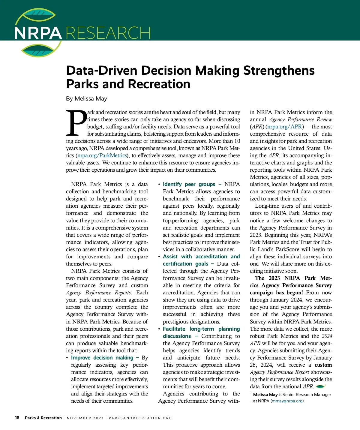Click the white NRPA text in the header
point(38,33)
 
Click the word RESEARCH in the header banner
point(108,33)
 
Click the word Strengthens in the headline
point(279,71)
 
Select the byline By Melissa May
point(86,99)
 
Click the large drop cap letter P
point(76,123)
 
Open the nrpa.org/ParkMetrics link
point(102,155)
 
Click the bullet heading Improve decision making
point(102,358)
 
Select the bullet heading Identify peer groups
point(189,184)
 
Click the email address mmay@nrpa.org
point(287,401)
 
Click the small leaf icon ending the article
point(321,386)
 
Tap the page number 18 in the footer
point(17,418)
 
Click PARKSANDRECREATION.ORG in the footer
point(140,418)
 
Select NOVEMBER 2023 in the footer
point(85,418)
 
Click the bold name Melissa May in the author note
point(265,395)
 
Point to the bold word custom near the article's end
point(323,365)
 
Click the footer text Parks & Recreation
point(43,418)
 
